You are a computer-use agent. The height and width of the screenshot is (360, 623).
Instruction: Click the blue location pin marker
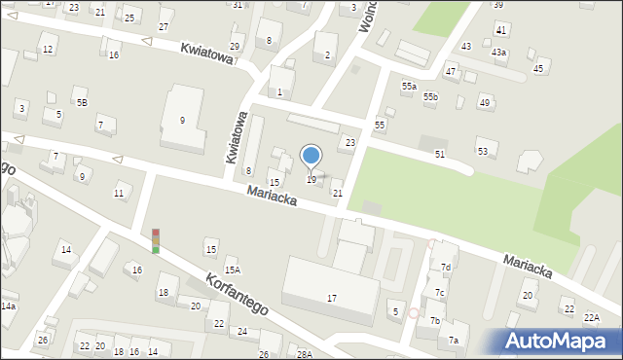coord(311,156)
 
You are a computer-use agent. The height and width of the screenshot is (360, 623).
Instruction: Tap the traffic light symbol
coord(156,241)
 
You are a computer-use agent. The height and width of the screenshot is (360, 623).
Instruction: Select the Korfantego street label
coord(237,294)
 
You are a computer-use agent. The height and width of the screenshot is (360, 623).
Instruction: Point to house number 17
coord(332,298)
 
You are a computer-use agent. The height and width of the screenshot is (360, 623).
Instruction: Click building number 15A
coord(232,270)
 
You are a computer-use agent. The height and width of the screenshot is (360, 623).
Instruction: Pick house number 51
coord(440,155)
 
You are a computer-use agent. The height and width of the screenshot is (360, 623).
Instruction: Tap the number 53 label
coord(482,151)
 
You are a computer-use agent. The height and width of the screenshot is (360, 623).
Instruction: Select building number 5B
coord(82,101)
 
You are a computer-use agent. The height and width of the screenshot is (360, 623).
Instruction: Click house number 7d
coord(445,268)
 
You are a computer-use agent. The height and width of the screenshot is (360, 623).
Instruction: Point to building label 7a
coord(453,340)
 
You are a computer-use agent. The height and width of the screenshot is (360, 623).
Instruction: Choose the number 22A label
coord(592,317)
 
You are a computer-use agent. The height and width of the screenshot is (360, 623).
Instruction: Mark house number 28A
coord(305,355)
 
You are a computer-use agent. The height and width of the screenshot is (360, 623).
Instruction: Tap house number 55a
coord(409,87)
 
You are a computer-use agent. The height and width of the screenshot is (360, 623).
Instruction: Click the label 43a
coord(498,53)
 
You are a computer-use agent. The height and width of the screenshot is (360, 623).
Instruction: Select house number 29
coord(235,47)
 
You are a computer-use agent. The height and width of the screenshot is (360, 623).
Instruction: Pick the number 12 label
coord(48,49)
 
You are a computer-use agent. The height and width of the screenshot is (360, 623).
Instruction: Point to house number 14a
coord(8,306)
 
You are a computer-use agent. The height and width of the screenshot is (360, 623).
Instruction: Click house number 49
coord(484,102)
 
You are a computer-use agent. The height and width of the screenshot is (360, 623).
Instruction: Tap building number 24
coord(241,332)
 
